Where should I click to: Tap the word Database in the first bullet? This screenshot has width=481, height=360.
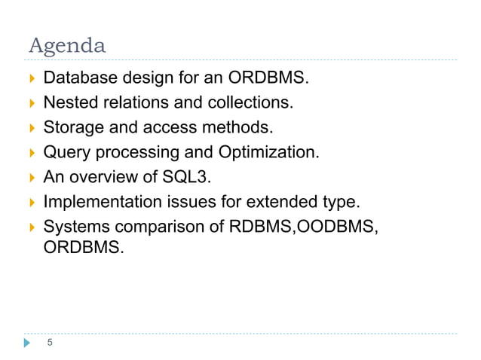click(x=79, y=77)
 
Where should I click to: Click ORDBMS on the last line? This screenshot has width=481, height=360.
click(x=80, y=246)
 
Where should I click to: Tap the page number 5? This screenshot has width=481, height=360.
click(x=50, y=343)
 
